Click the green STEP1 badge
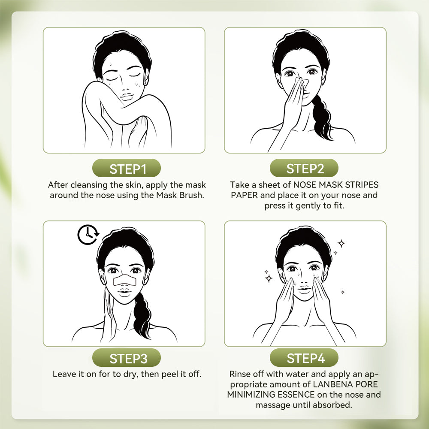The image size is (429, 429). [127, 168]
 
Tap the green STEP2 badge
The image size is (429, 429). [305, 168]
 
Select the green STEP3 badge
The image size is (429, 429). [127, 358]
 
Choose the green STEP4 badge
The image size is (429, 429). [305, 358]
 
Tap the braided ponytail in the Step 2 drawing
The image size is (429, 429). [320, 116]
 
